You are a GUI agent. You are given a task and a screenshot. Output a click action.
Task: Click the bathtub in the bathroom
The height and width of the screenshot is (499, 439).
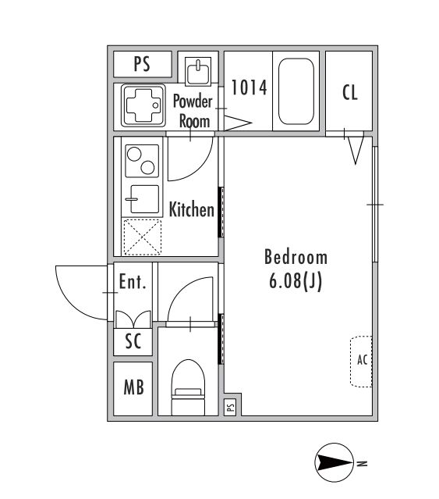(296, 91)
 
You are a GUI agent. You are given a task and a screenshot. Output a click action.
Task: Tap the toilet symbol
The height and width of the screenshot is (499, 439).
(188, 387)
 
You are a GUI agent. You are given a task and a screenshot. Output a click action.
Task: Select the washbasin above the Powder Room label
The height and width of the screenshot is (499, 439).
(198, 71)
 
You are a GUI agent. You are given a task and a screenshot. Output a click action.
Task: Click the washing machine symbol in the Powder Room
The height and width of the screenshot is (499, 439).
(143, 105)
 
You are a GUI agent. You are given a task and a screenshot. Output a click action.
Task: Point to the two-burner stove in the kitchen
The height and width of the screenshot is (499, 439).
(142, 161)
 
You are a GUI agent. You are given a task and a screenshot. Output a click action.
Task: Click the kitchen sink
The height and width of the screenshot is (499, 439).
(144, 199)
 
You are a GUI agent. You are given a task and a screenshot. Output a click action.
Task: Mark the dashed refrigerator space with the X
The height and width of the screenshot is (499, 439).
(142, 237)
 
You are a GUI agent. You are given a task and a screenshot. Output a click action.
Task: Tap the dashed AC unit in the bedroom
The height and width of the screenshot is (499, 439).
(361, 362)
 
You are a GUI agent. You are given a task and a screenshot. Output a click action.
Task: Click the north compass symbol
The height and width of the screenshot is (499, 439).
(335, 462)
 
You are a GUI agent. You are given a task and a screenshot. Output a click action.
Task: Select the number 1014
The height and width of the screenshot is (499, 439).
(249, 87)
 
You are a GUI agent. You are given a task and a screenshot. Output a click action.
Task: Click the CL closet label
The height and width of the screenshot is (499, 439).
(350, 92)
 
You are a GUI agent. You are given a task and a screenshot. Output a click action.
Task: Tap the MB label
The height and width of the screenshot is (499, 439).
(134, 387)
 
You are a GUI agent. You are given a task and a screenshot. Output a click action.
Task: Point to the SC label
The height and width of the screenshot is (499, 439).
(133, 340)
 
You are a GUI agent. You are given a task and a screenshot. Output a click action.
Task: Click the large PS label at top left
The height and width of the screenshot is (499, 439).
(142, 64)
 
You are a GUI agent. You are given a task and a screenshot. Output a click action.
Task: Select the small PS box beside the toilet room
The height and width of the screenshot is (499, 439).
(231, 407)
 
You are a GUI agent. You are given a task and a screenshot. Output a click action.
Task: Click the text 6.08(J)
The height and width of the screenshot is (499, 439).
(296, 280)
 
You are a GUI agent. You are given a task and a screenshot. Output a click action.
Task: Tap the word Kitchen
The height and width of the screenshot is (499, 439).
(192, 209)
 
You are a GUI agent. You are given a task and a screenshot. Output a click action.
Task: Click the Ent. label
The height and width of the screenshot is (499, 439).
(133, 282)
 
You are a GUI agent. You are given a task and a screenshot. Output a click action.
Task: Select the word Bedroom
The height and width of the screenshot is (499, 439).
(296, 257)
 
